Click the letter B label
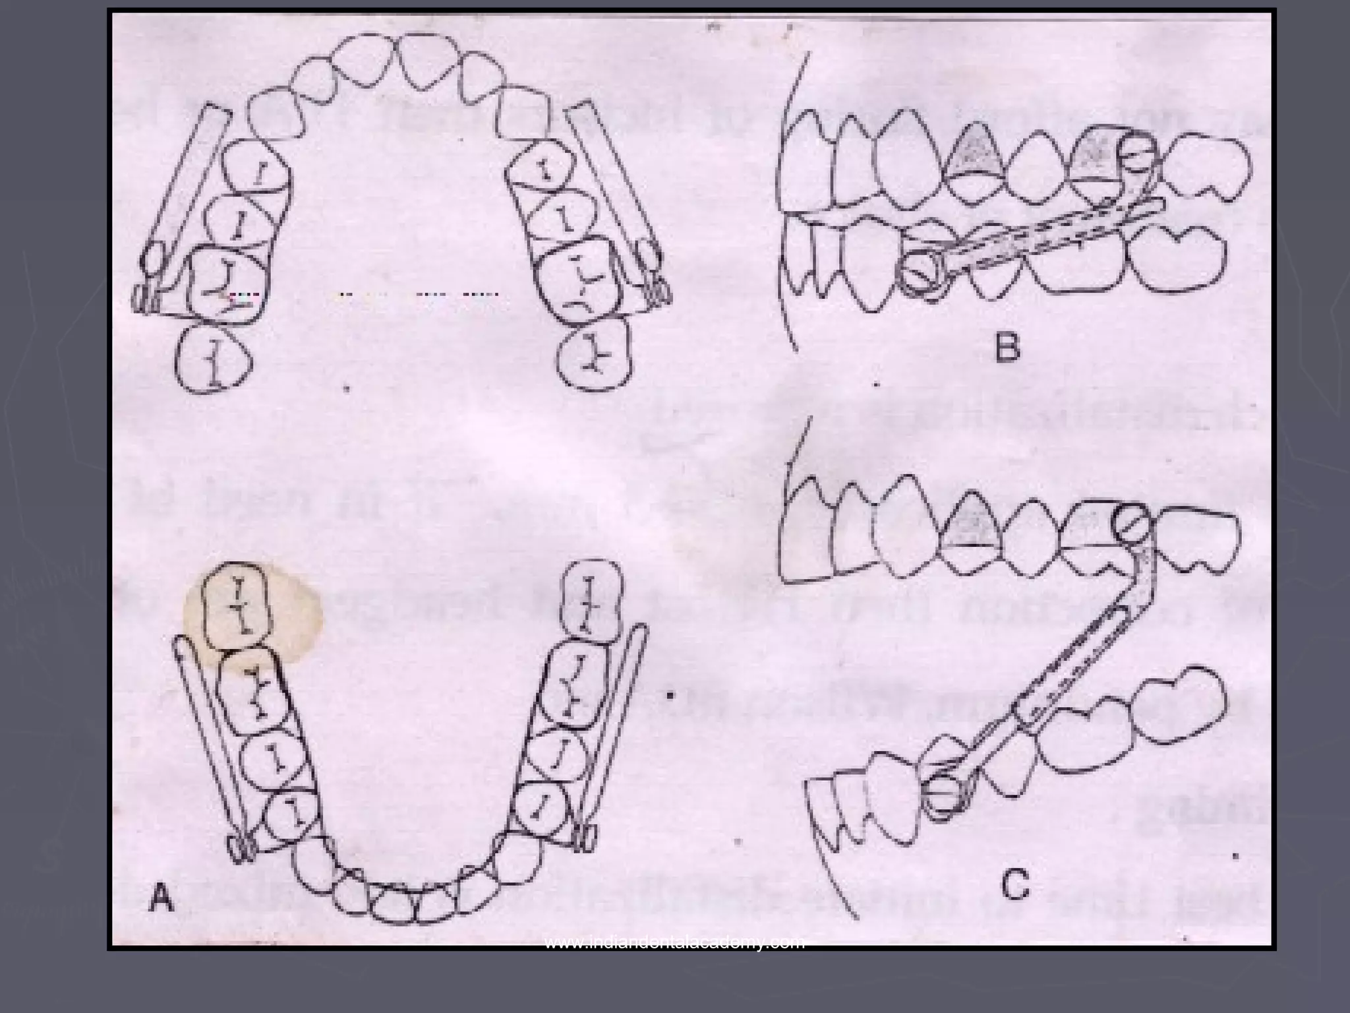coord(1007,349)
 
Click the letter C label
coord(1015,886)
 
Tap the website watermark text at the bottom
coord(675,942)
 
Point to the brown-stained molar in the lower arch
coord(236,604)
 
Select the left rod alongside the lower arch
coord(209,739)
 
